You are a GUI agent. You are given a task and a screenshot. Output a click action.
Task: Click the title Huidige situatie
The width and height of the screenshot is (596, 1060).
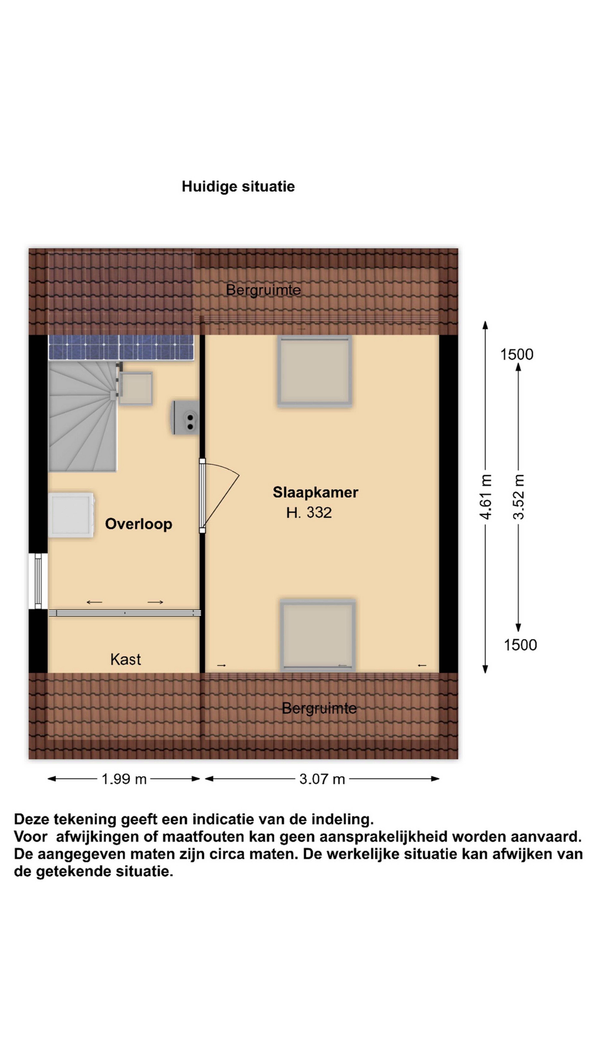click(238, 186)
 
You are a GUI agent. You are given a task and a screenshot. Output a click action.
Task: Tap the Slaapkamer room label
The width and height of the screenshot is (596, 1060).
click(316, 492)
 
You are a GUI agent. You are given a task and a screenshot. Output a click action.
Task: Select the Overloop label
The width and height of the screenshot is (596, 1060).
click(139, 524)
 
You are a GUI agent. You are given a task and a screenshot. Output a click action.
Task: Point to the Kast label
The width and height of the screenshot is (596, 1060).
click(125, 659)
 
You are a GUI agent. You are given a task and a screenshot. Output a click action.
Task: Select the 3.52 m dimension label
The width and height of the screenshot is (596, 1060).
click(519, 497)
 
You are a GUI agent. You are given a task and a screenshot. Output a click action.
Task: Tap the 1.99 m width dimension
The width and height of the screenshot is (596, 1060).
click(124, 779)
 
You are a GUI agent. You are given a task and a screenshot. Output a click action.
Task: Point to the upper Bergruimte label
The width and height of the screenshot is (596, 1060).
click(263, 290)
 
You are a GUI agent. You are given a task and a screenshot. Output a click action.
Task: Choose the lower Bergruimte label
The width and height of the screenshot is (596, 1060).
click(319, 708)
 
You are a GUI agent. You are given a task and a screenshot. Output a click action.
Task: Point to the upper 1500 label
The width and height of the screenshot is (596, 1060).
click(517, 354)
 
